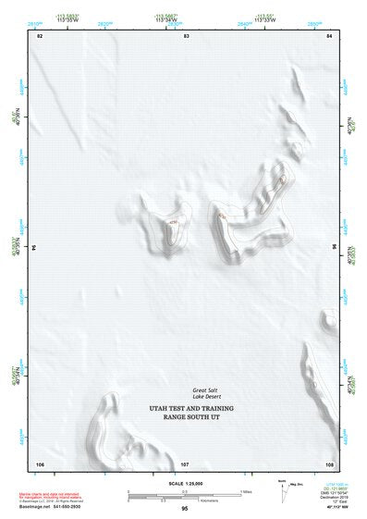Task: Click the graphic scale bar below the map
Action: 184,494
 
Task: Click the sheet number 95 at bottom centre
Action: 185,509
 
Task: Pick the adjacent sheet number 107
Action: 184,463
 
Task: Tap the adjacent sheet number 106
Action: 40,463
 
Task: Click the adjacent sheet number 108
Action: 328,463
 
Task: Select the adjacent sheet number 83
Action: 185,36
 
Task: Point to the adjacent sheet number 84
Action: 329,36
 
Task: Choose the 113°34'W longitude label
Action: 166,19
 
